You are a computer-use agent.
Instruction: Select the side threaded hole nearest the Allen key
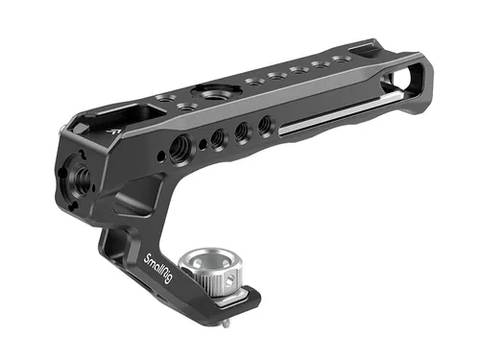click(265, 126)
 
